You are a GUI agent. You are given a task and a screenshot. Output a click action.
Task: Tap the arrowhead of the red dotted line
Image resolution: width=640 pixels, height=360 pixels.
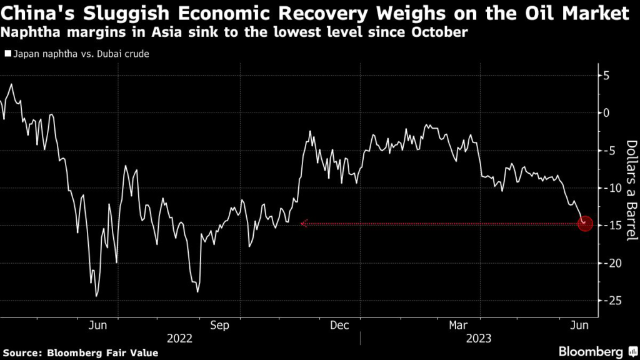click(x=303, y=223)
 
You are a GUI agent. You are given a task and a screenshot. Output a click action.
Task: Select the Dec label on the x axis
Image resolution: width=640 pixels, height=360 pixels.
click(x=339, y=325)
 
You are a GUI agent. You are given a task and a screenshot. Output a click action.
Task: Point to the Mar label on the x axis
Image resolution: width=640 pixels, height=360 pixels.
click(x=459, y=325)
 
